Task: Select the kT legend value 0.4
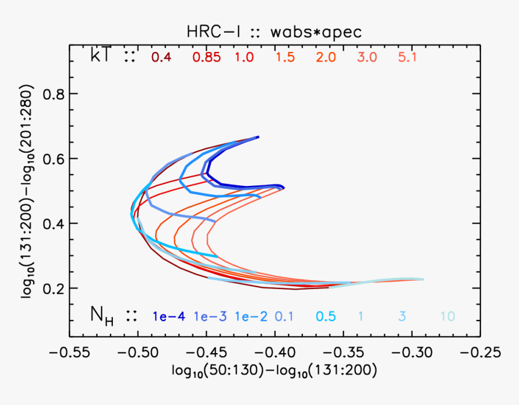(161, 57)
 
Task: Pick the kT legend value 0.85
(206, 57)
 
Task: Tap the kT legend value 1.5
(286, 57)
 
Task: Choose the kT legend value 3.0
(367, 57)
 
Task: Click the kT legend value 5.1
(408, 57)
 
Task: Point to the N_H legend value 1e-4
(169, 316)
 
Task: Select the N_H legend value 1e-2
(251, 316)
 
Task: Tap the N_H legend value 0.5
(326, 316)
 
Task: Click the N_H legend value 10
(447, 316)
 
